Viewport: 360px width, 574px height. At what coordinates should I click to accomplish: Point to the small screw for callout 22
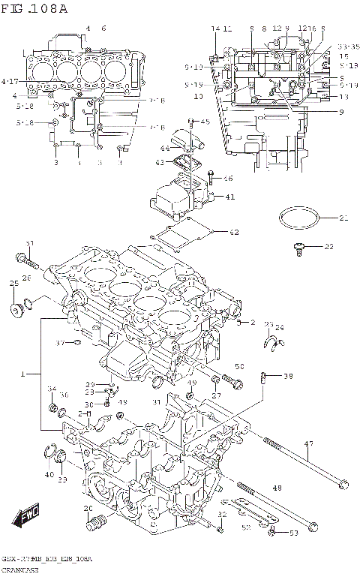pos(298,246)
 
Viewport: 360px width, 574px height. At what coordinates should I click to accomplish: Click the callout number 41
pos(230,197)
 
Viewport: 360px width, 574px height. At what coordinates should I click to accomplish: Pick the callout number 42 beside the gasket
pos(234,232)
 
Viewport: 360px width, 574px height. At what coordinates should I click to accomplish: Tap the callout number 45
pos(205,122)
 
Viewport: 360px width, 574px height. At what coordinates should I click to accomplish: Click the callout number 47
pos(308,445)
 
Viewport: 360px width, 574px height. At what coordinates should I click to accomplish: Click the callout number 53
pos(293,533)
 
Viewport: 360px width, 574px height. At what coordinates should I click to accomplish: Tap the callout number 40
pos(49,474)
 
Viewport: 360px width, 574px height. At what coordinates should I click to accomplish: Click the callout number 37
pos(61,343)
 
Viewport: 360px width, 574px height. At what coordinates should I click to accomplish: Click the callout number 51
pos(30,244)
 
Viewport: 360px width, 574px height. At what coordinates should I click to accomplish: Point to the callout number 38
pos(289,377)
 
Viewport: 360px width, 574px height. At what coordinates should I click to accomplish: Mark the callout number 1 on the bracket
pos(23,373)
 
